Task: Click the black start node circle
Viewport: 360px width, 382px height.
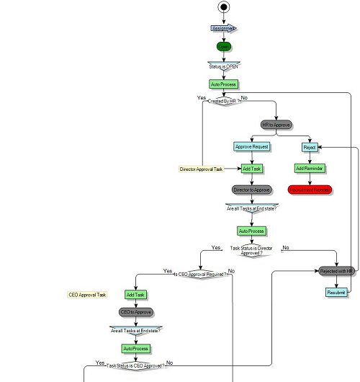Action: coord(224,8)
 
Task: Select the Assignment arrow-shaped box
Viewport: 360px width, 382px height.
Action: coord(224,28)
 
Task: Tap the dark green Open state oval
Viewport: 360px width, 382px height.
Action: coord(224,45)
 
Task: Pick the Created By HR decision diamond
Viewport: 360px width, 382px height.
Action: coord(224,102)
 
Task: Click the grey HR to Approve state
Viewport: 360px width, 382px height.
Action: coord(276,125)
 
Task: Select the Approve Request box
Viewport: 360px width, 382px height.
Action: coord(252,146)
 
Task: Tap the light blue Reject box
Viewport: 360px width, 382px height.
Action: coord(310,146)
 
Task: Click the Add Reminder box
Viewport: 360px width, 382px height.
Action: coord(310,168)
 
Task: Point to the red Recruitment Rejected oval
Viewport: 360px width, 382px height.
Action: coord(310,190)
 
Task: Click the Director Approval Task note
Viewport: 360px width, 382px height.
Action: coord(201,169)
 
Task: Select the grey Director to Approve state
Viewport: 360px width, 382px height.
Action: coord(252,190)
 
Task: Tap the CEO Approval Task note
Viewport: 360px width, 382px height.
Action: coord(88,295)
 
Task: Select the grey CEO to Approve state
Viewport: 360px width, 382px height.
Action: coord(135,312)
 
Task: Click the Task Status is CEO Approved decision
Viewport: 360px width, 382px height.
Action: coord(135,365)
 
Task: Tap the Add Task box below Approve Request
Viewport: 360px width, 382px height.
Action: coord(252,168)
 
